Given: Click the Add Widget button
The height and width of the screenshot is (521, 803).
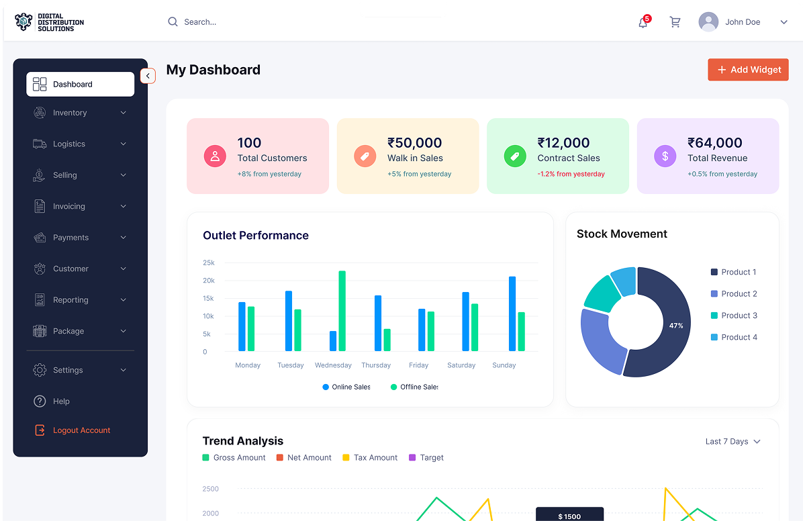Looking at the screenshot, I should (748, 70).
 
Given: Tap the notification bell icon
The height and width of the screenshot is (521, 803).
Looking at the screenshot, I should (643, 22).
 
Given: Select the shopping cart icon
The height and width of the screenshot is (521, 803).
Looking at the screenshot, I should (675, 22).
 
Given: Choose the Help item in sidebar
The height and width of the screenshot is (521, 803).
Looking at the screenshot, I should (61, 401).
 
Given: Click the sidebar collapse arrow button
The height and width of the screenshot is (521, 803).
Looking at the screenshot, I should (148, 77).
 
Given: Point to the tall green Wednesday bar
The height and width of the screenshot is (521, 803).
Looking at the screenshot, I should (342, 310).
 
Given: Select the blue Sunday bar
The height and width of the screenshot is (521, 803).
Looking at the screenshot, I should (512, 313).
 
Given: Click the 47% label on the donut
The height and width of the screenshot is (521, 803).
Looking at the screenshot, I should (676, 326).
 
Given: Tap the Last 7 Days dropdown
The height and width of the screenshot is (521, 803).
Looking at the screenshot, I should (733, 442).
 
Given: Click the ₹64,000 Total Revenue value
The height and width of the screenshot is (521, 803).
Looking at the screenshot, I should (714, 143).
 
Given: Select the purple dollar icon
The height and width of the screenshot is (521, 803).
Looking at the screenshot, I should (665, 156).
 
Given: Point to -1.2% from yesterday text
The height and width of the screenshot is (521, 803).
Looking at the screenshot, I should (571, 174).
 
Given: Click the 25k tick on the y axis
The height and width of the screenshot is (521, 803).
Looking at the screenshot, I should (209, 263).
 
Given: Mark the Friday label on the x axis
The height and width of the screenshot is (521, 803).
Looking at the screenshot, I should (418, 365).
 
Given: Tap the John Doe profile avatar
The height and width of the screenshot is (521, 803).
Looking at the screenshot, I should (708, 22).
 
